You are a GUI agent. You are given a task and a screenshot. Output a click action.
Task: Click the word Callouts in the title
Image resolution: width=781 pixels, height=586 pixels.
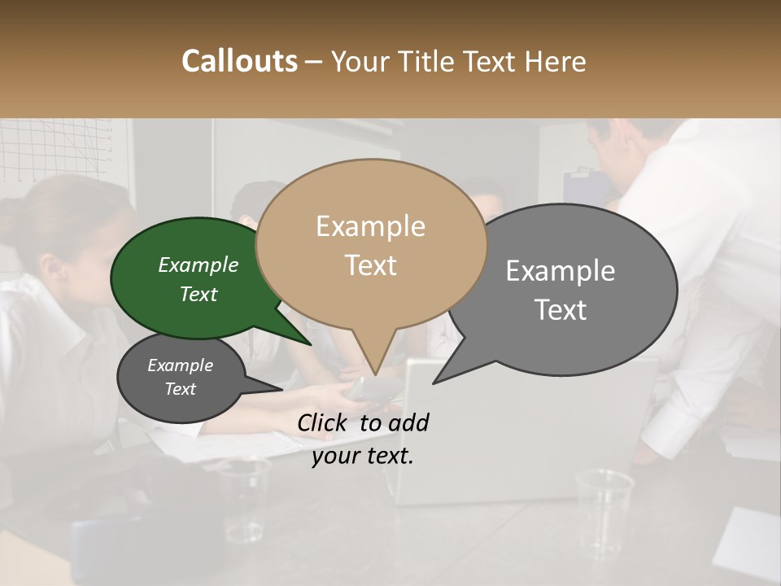(x=239, y=61)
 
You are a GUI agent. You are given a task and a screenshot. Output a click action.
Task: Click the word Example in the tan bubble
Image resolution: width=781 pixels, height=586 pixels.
(x=370, y=226)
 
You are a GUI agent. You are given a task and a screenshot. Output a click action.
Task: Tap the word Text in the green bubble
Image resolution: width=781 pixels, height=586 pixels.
(x=199, y=295)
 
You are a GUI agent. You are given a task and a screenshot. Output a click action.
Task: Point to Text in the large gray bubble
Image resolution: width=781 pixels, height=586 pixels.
(x=561, y=310)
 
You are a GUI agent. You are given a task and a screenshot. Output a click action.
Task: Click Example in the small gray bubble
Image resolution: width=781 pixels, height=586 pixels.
(x=180, y=366)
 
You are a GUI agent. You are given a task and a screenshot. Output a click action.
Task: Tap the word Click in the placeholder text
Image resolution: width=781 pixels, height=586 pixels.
(x=323, y=422)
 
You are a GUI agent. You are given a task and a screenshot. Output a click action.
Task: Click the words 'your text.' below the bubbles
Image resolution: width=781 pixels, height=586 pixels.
(x=362, y=457)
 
